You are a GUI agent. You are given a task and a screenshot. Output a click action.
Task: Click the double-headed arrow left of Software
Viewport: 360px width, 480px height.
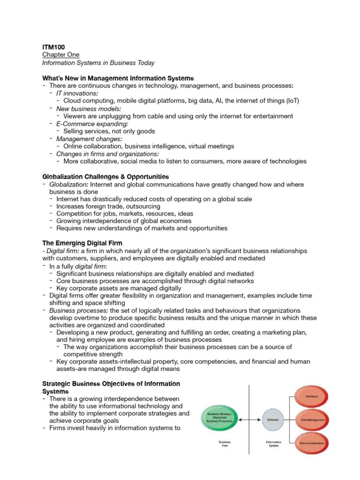pos(252,419)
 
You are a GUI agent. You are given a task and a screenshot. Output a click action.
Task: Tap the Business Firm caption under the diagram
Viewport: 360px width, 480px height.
pos(225,444)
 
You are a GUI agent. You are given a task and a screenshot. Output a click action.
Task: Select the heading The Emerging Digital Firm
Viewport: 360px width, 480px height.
pos(82,243)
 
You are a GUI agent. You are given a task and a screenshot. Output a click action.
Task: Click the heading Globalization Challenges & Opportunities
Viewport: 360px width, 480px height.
pos(105,177)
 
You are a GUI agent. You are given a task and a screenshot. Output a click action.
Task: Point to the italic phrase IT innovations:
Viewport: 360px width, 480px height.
pos(77,93)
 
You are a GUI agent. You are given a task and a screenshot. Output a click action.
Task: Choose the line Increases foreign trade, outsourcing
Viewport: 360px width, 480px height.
pos(108,206)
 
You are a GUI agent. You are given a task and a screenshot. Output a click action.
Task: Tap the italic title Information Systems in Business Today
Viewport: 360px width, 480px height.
pos(98,63)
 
